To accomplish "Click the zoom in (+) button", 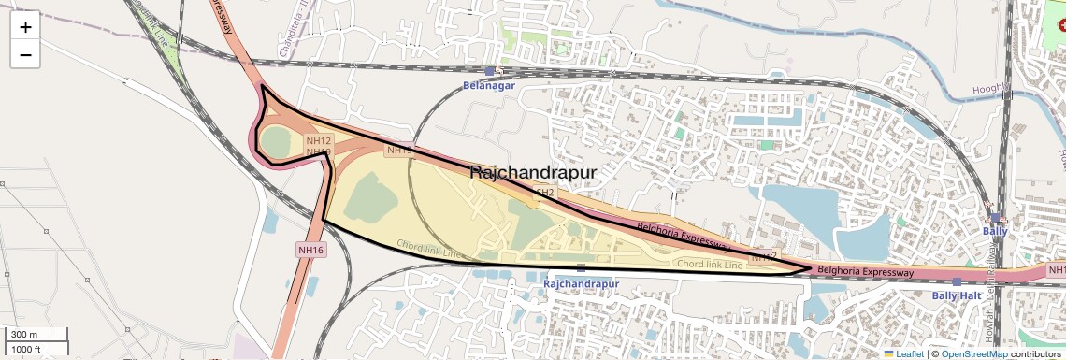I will click(x=25, y=27).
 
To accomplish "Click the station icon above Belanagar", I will click(x=489, y=70).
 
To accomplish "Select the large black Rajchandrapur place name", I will click(x=532, y=172).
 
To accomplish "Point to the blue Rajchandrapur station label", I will click(x=581, y=283).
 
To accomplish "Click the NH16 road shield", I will click(x=310, y=250).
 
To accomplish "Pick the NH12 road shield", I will click(x=319, y=140).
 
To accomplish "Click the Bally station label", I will click(x=995, y=230).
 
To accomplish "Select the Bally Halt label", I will click(x=957, y=295).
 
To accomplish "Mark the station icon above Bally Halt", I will click(x=957, y=281).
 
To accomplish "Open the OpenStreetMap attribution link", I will click(x=973, y=353).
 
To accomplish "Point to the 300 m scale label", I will click(x=24, y=335).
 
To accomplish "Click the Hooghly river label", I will click(x=991, y=89).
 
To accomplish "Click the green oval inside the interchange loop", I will click(x=276, y=143).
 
